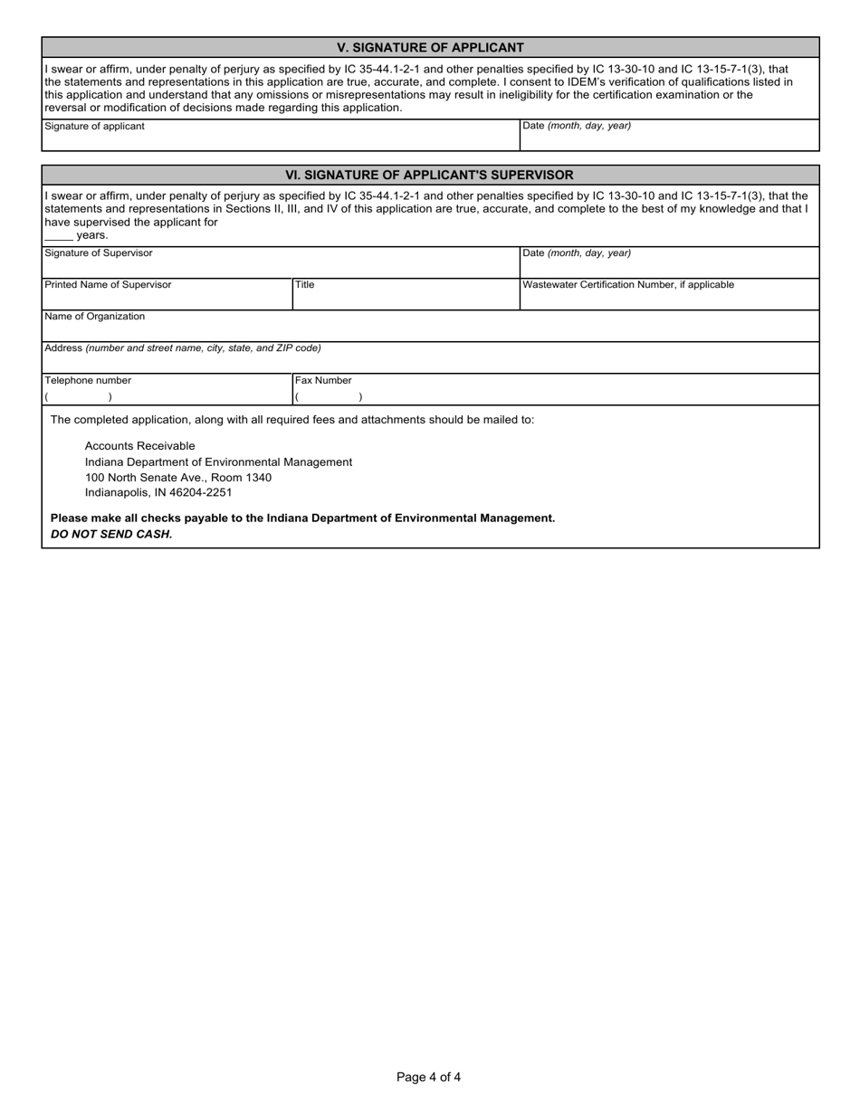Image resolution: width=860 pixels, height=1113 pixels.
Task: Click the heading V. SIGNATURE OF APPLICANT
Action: pos(430,48)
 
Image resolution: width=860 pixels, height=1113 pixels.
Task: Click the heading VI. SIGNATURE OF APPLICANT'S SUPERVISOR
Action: pos(430,175)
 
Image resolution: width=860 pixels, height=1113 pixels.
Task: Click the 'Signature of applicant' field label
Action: pos(94,127)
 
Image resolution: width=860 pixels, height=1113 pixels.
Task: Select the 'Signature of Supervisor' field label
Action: pos(99,253)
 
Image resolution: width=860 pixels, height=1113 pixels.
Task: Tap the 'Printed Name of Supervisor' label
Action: pos(108,285)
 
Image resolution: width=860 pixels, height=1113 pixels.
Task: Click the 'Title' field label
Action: pos(305,285)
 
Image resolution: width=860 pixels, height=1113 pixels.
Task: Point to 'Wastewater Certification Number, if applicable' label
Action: pos(628,285)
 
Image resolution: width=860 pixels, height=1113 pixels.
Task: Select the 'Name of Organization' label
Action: pos(94,317)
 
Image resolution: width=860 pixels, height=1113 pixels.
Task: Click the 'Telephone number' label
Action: pos(88,381)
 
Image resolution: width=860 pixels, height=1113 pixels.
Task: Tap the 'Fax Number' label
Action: pos(323,381)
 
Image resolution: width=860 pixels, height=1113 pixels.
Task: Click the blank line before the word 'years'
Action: pos(58,235)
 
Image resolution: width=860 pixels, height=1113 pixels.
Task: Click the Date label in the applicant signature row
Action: pos(577,127)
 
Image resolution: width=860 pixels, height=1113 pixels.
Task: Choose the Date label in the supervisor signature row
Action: pos(577,253)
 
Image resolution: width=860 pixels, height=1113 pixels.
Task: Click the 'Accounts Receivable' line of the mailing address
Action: pos(139,446)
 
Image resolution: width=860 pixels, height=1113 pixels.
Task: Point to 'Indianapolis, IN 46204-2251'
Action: pos(158,493)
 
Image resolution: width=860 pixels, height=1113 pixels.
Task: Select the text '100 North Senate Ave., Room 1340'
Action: pos(178,478)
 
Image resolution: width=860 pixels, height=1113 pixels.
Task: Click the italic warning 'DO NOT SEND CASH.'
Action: pos(111,534)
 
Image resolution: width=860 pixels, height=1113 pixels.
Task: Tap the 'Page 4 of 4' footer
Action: pos(429,1077)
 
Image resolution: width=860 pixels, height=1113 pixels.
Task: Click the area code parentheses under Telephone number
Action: pos(79,397)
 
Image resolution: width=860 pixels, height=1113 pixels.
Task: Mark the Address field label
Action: pos(182,348)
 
